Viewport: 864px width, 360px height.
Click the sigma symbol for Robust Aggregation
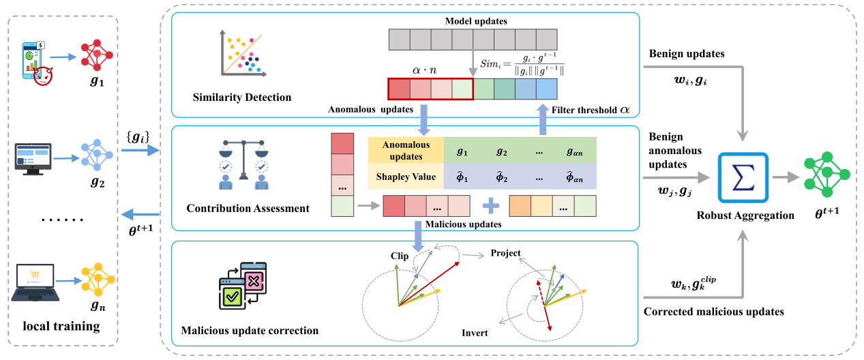pyautogui.click(x=743, y=178)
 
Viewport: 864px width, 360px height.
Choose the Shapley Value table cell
pyautogui.click(x=406, y=177)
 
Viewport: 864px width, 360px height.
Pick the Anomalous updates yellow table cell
pyautogui.click(x=406, y=149)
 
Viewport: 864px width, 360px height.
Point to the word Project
pyautogui.click(x=505, y=254)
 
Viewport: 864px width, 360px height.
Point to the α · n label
pyautogui.click(x=428, y=70)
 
